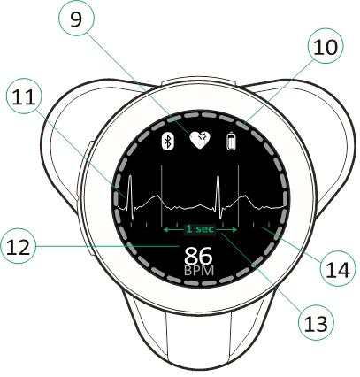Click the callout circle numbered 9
point(77,19)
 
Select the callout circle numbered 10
point(326,46)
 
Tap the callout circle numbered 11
point(24,96)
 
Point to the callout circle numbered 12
point(18,246)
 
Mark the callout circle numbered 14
point(339,268)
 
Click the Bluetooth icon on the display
point(168,142)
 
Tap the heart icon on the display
point(200,140)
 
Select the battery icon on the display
point(232,142)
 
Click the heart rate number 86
point(198,256)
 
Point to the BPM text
point(199,271)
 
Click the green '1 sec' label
point(200,229)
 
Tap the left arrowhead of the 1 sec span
point(165,229)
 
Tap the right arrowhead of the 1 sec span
point(234,229)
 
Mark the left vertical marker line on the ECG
point(162,196)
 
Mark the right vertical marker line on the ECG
point(238,196)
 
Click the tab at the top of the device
point(199,81)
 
